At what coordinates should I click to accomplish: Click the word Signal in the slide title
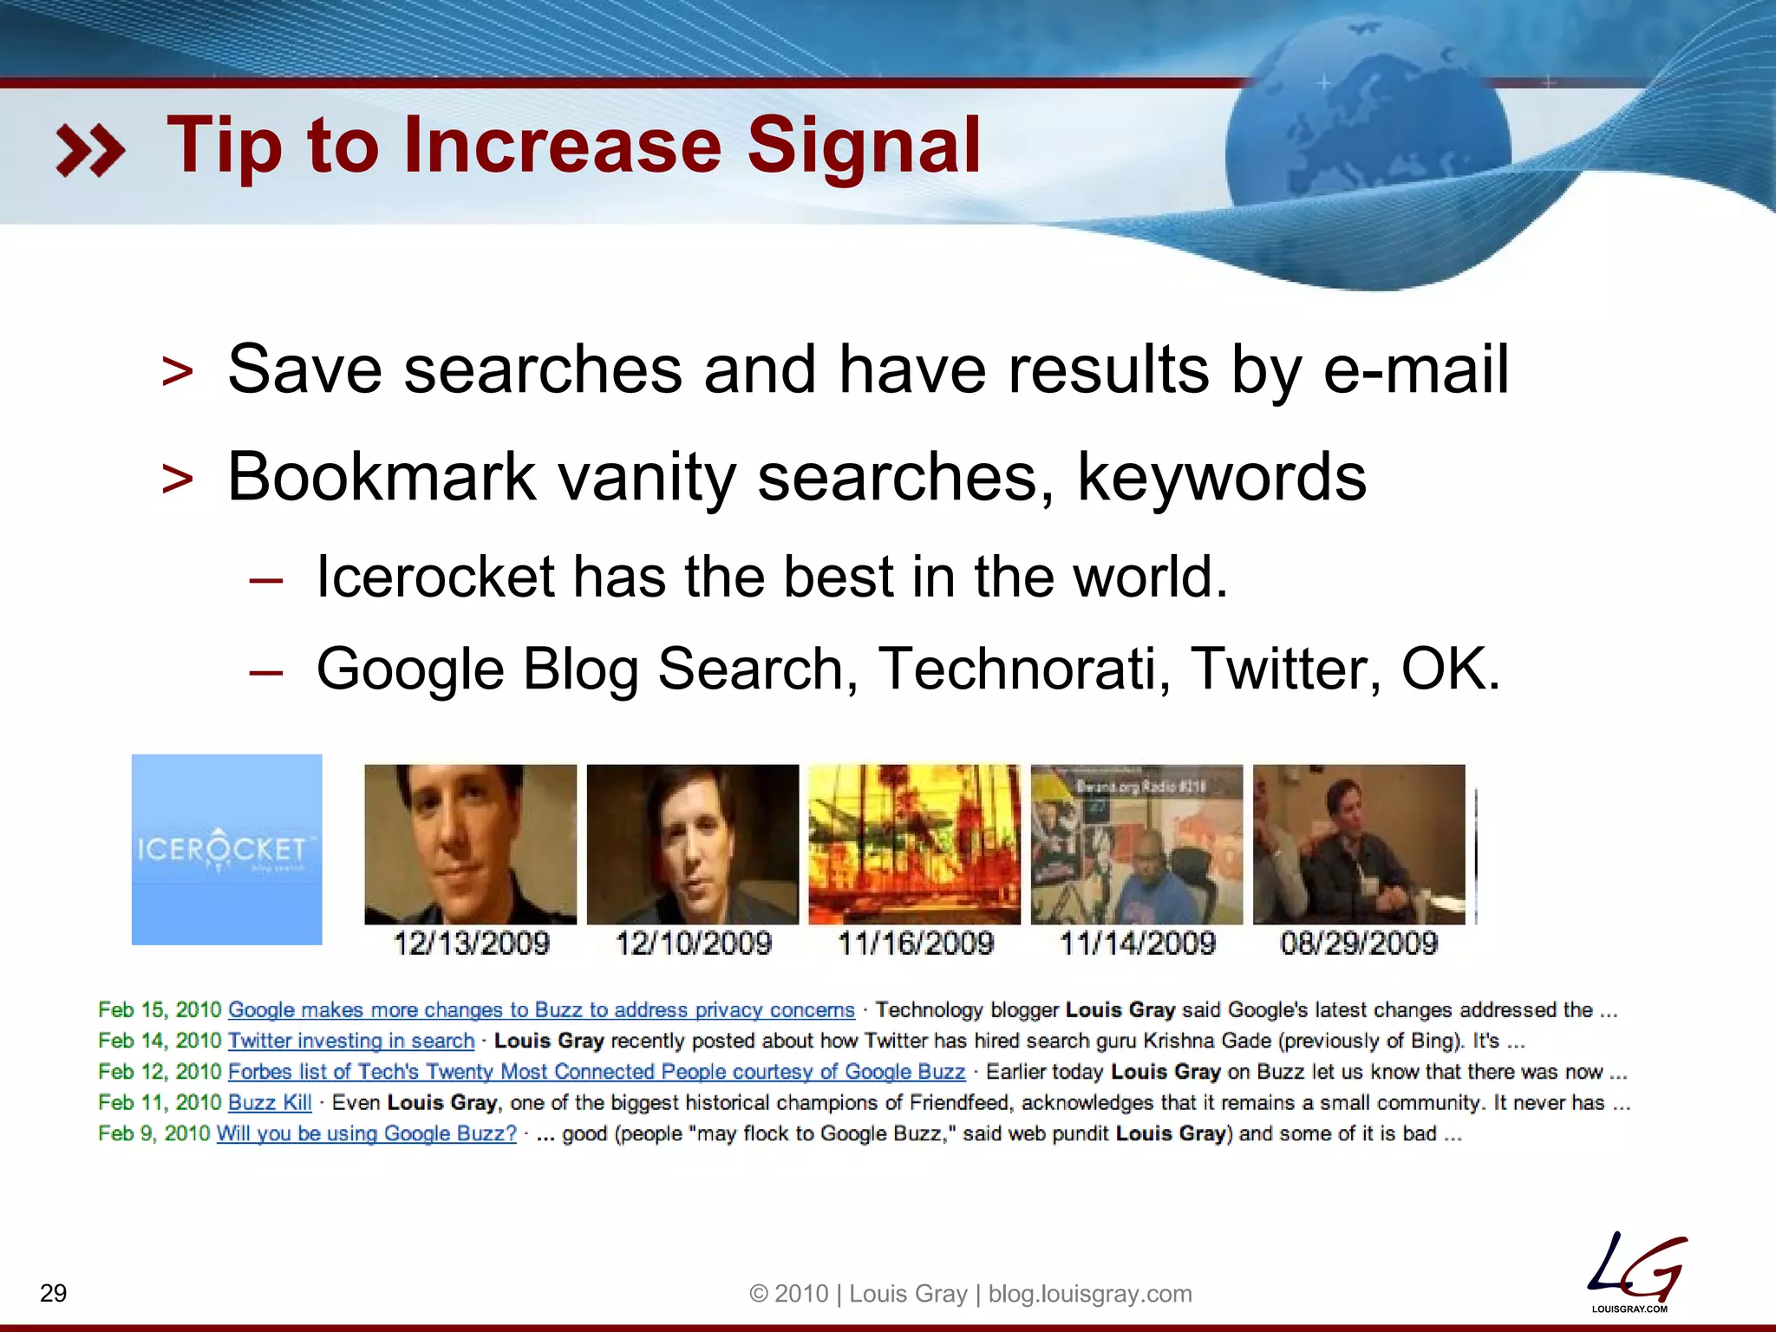[x=864, y=146]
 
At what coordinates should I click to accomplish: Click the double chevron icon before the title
[x=90, y=150]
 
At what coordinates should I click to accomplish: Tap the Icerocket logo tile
[x=226, y=849]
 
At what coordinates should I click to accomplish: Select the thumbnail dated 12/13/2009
[x=470, y=844]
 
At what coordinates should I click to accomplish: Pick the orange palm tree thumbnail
[x=914, y=844]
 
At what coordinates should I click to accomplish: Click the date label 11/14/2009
[x=1137, y=943]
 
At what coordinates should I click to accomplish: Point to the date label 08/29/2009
[x=1359, y=943]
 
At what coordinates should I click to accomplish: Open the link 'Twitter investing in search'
[x=351, y=1041]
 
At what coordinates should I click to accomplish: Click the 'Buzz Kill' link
[x=270, y=1102]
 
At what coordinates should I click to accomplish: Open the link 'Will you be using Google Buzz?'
[x=366, y=1133]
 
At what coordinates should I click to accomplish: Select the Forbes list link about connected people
[x=596, y=1072]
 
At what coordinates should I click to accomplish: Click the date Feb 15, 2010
[x=160, y=1010]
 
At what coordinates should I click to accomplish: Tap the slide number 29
[x=54, y=1293]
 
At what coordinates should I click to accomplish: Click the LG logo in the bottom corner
[x=1635, y=1271]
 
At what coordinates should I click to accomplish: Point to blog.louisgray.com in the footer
[x=1090, y=1294]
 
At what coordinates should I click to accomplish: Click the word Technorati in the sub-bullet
[x=1023, y=669]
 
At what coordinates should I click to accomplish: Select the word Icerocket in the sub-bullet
[x=434, y=577]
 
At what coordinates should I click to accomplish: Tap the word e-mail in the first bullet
[x=1415, y=369]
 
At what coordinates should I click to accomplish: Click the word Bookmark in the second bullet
[x=382, y=477]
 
